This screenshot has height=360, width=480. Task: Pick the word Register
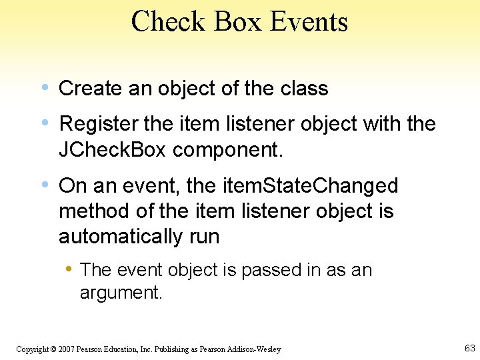(x=99, y=124)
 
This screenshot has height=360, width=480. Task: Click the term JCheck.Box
(x=113, y=150)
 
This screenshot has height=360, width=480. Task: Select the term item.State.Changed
(x=301, y=185)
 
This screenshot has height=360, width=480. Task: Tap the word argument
(x=121, y=292)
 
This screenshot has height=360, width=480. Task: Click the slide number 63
(x=469, y=348)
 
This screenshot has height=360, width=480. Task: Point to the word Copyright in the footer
(x=31, y=349)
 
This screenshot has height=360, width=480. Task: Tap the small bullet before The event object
(x=69, y=269)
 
